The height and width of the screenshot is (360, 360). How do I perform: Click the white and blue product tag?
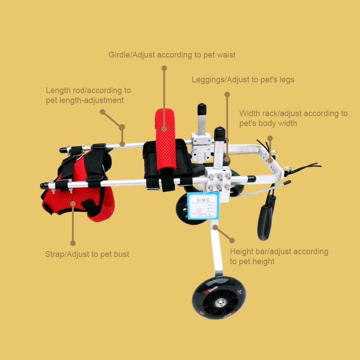coord(203,205)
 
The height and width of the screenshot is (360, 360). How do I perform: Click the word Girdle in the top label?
coord(119,55)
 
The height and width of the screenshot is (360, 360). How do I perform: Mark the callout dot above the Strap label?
coord(73,243)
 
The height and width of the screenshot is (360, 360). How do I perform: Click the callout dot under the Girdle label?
coord(164,68)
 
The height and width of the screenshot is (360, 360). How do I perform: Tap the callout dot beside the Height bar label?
coord(232,240)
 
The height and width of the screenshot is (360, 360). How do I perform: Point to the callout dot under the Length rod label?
coord(102,111)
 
